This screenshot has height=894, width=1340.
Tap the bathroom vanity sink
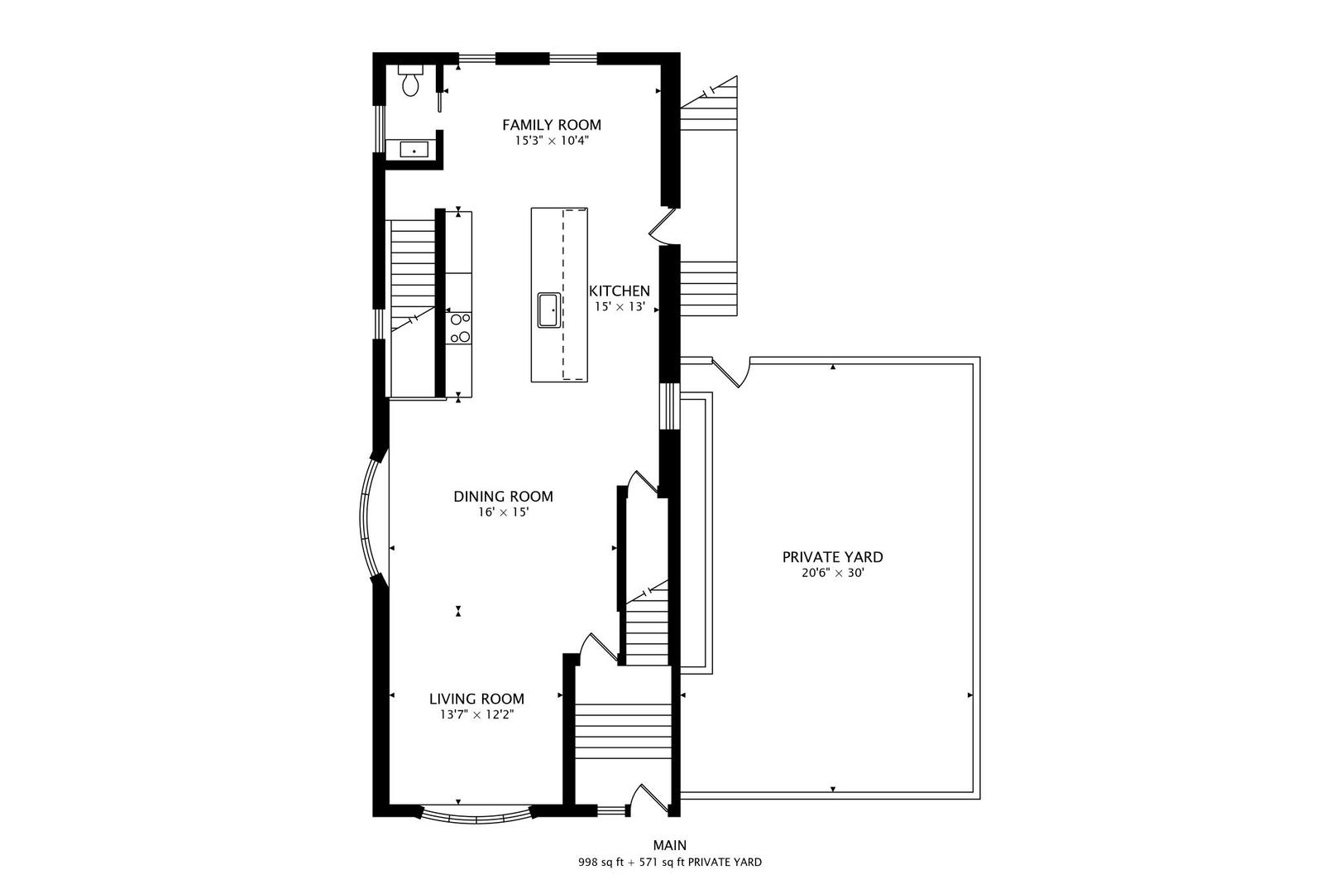point(414,151)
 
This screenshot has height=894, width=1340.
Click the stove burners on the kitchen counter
point(460,328)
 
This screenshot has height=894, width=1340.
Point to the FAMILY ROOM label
point(552,125)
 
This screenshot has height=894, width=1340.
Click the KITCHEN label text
point(620,291)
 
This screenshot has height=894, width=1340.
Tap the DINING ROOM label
point(503,497)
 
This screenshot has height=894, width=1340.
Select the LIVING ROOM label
point(476,699)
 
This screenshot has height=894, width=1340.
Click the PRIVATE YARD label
point(832,557)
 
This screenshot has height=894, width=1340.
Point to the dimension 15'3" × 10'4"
point(552,142)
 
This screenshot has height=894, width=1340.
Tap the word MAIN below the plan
point(669,845)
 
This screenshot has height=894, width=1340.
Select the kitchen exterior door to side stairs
point(663,225)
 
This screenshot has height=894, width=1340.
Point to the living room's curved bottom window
point(476,816)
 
